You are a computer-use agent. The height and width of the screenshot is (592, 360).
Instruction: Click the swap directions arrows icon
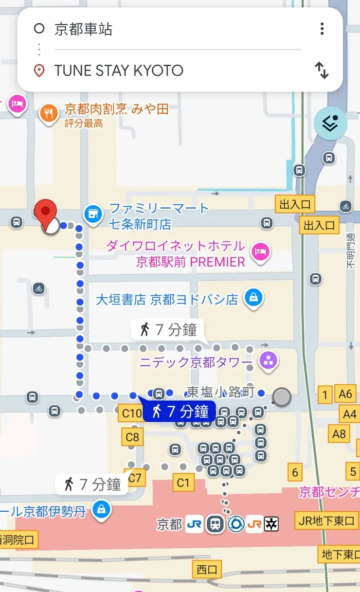(x=322, y=71)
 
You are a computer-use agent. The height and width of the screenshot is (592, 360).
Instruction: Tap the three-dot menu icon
(x=322, y=29)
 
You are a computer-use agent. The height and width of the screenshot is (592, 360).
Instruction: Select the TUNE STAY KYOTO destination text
(x=119, y=71)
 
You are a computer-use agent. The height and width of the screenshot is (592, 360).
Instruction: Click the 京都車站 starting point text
(x=83, y=29)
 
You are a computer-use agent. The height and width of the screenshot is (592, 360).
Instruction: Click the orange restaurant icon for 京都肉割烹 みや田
(x=48, y=114)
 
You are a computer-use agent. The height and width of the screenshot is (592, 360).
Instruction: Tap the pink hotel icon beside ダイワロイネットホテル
(x=260, y=251)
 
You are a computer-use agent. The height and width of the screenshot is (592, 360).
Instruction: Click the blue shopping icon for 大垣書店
(x=253, y=296)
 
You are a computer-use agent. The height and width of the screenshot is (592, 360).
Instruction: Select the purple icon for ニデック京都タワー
(x=269, y=360)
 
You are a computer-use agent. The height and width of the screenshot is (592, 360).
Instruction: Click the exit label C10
(x=131, y=414)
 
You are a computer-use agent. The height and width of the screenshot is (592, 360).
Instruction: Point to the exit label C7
(x=135, y=478)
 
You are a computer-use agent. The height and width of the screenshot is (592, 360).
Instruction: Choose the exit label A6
(x=345, y=394)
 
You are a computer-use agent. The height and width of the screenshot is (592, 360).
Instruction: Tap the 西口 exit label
(x=207, y=570)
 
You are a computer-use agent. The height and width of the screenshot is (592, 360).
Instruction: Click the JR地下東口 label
(x=326, y=521)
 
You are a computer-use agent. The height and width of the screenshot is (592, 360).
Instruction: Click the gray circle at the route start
(x=281, y=397)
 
